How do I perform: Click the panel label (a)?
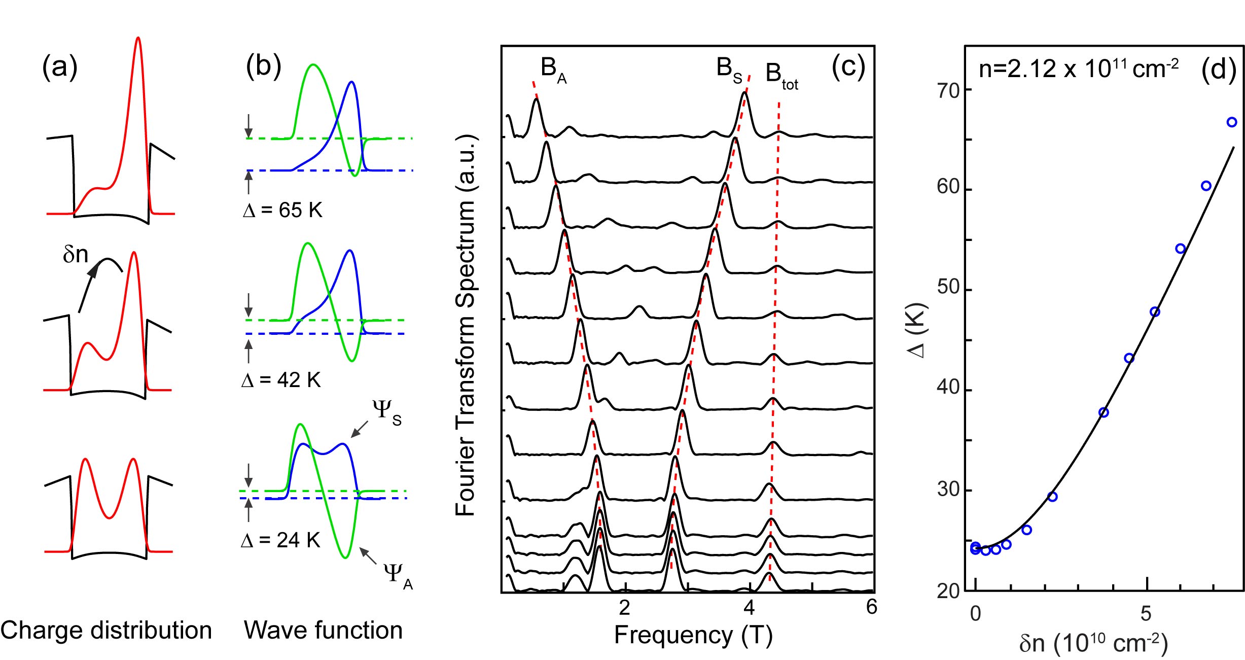60,67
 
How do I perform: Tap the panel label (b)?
263,66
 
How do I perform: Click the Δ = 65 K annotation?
282,210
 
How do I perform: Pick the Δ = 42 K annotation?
281,379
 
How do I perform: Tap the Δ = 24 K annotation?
280,540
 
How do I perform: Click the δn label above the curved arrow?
75,254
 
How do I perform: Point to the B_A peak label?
553,70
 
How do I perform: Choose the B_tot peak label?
781,76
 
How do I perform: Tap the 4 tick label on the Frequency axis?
749,607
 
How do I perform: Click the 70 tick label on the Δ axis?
948,91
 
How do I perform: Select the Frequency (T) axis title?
693,635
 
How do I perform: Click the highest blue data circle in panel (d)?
1231,122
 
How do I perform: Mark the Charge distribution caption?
106,631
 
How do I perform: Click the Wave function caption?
323,631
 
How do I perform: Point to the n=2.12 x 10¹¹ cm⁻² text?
1079,68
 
